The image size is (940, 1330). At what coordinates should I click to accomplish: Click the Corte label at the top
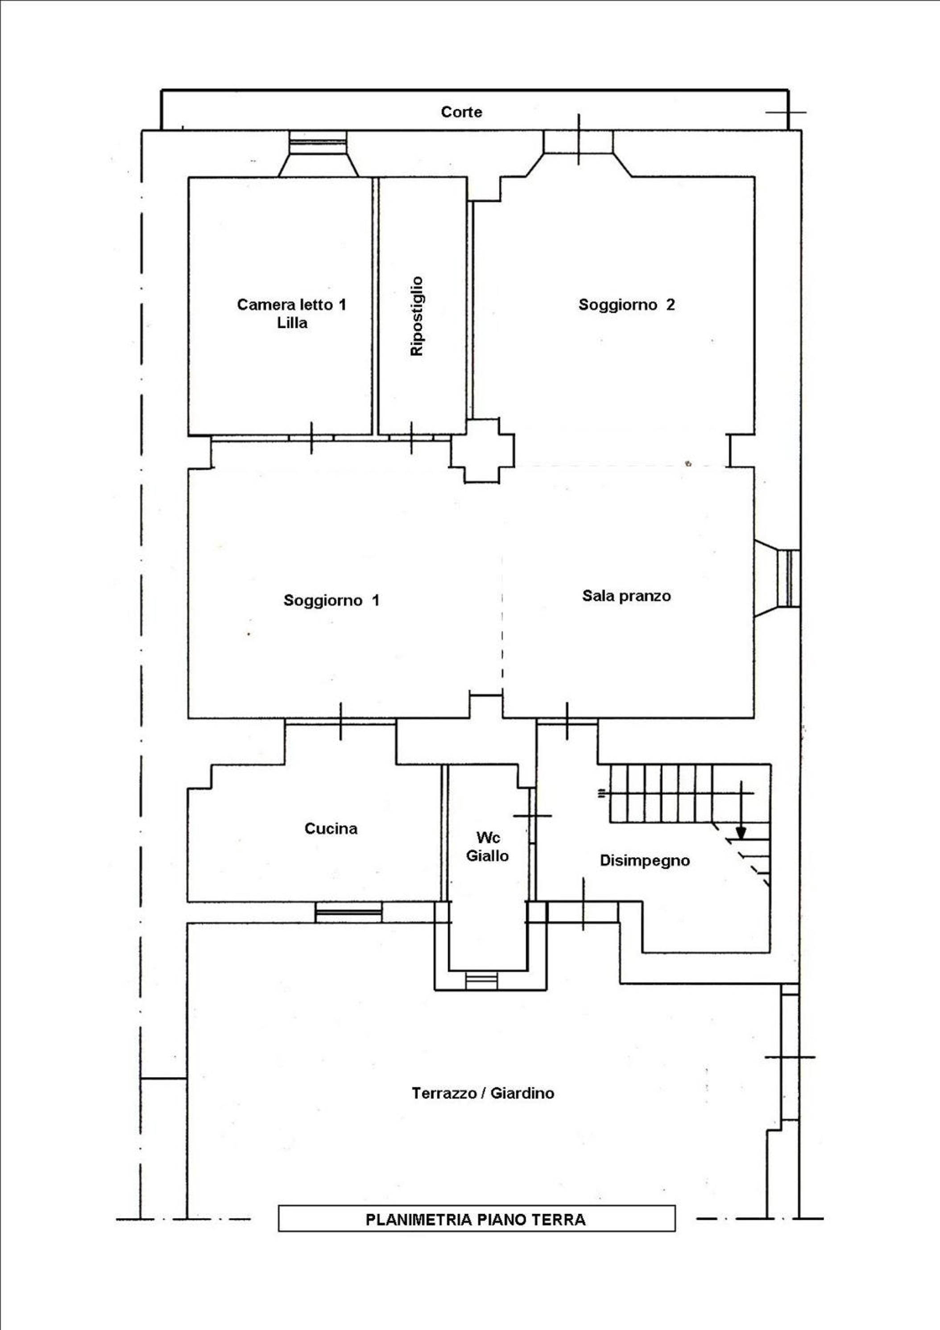[461, 112]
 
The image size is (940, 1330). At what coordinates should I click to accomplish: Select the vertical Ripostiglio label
[417, 316]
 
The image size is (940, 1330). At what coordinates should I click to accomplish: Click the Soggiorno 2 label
[626, 305]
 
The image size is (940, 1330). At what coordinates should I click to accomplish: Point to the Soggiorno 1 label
[331, 600]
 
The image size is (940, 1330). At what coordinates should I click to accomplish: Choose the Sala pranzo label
[626, 595]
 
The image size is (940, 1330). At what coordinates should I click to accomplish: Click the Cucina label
[331, 828]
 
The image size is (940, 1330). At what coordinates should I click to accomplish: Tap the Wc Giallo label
[487, 847]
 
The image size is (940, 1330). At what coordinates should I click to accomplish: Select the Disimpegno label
[645, 860]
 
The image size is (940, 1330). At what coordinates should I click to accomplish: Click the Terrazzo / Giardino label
[483, 1093]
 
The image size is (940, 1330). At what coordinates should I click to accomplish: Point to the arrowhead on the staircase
[741, 833]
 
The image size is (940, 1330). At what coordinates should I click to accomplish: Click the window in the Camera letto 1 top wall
[318, 141]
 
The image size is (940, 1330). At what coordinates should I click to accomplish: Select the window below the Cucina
[348, 913]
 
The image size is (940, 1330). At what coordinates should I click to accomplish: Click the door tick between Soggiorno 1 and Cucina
[341, 721]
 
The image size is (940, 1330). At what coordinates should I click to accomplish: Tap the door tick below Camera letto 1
[311, 438]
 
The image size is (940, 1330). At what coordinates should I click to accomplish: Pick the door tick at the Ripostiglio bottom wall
[411, 438]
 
